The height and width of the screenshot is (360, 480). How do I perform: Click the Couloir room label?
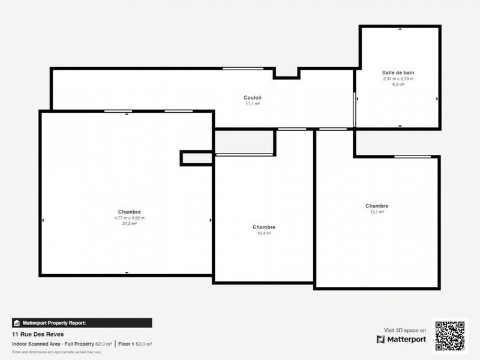tap(253, 97)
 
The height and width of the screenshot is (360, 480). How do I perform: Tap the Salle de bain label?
tap(398, 73)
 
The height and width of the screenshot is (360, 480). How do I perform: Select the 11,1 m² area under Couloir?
tap(253, 103)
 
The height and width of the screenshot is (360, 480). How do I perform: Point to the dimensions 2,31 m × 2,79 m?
tap(398, 79)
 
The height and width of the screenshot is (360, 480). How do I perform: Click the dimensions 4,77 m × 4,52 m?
tap(130, 217)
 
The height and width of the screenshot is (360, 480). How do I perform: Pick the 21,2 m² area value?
tap(130, 223)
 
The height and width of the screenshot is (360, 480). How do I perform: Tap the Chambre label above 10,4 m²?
tap(264, 227)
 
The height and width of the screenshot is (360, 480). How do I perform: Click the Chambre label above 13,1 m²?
tap(377, 206)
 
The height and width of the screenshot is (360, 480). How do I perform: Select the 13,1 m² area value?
tap(377, 212)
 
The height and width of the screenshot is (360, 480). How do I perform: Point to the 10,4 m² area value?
tap(264, 233)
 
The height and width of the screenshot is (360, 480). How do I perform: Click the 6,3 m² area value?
tap(398, 85)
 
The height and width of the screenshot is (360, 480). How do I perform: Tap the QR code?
tap(449, 334)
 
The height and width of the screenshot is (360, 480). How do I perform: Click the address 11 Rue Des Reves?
tap(38, 334)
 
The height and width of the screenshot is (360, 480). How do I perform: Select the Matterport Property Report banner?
tap(82, 322)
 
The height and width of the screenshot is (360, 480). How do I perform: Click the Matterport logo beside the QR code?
tap(401, 340)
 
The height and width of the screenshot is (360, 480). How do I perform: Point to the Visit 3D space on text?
tap(405, 330)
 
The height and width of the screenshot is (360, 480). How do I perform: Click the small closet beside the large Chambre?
tap(197, 158)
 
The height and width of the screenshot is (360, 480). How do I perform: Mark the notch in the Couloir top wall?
tap(286, 73)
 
